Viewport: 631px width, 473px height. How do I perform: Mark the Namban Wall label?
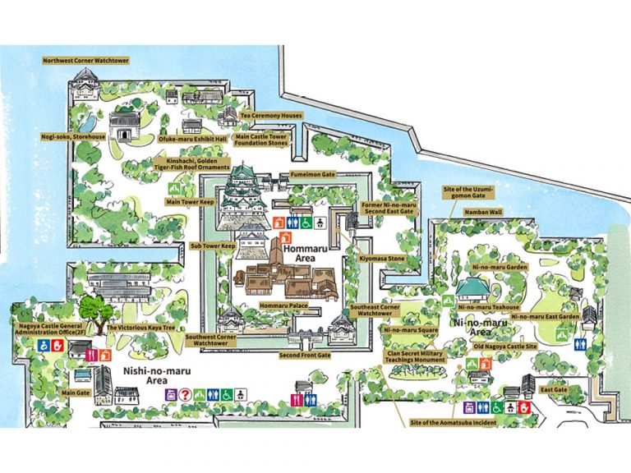click(x=483, y=211)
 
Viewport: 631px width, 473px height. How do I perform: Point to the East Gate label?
click(x=553, y=390)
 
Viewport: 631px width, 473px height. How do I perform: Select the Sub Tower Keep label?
click(x=213, y=245)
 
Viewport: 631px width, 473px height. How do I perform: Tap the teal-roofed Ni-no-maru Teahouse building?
click(x=472, y=288)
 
